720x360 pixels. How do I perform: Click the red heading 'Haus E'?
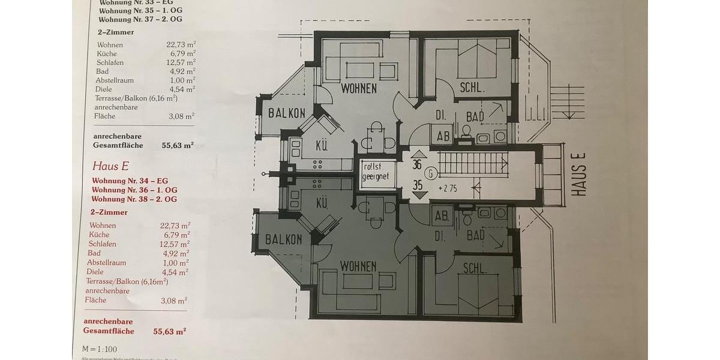point(110,166)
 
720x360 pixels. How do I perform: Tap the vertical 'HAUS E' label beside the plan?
point(578,173)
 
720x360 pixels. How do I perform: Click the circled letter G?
point(430,174)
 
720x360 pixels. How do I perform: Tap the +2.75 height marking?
point(448,188)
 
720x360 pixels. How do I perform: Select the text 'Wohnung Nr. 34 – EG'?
point(130,181)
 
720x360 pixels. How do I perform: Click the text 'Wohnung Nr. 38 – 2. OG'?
point(134,199)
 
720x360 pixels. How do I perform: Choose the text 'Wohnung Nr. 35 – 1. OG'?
point(140,10)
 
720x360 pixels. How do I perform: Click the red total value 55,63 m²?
point(169,331)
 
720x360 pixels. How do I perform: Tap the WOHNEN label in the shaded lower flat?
point(358,266)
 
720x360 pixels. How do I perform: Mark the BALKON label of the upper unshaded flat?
point(287,113)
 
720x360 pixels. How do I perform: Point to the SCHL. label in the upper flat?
point(472,88)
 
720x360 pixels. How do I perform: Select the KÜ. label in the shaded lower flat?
point(322,203)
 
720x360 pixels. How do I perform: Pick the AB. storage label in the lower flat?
point(442,217)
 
